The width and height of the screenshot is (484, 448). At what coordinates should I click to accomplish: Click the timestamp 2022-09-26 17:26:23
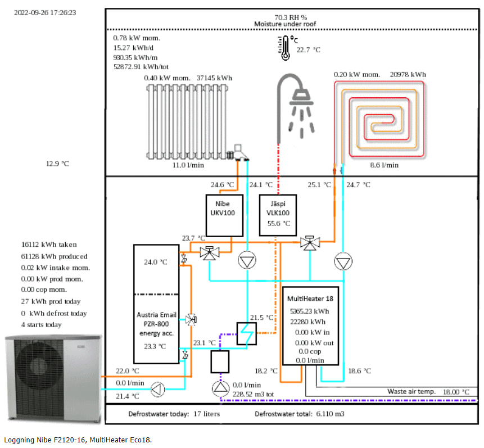(44, 12)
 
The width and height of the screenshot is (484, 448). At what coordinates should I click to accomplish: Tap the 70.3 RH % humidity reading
(285, 17)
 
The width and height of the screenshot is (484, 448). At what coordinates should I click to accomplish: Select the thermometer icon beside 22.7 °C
(284, 48)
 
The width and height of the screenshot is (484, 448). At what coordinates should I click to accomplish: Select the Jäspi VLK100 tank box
(278, 215)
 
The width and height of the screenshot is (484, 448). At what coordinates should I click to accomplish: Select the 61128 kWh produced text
(54, 256)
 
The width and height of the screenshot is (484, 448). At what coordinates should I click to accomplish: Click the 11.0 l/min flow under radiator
(187, 165)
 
